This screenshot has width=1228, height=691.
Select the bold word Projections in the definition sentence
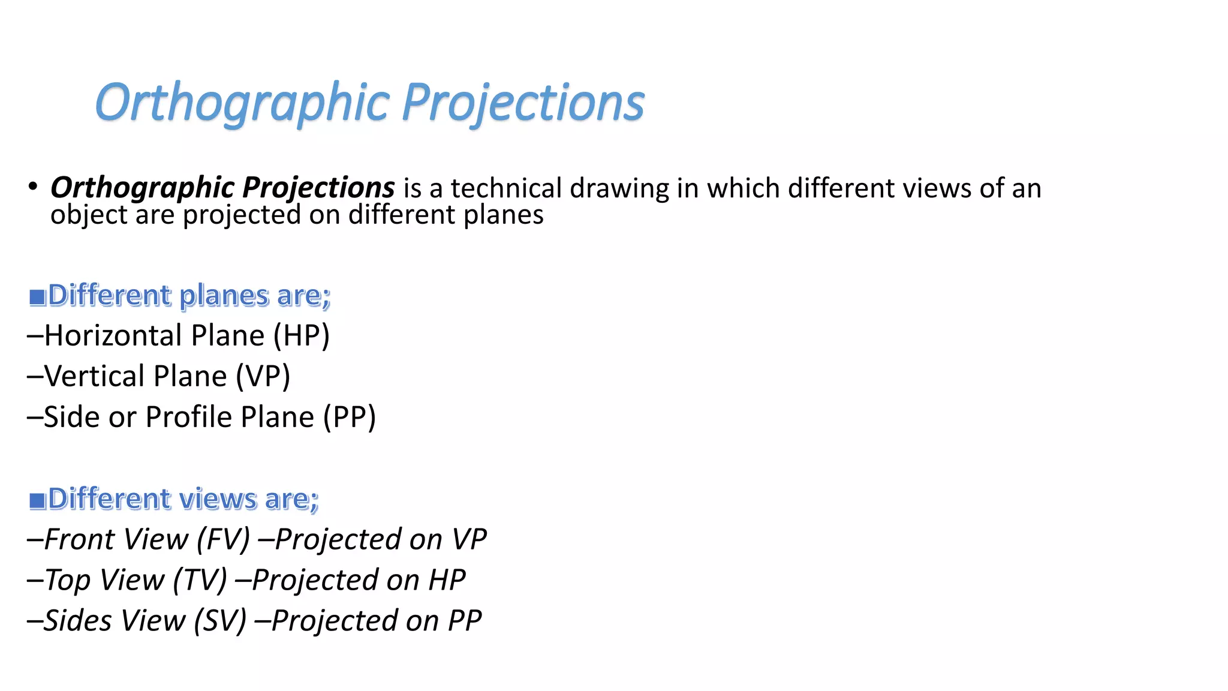click(318, 188)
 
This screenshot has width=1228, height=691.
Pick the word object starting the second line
click(89, 215)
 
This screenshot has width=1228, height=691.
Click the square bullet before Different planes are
click(38, 297)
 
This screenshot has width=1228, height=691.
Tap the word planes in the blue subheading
click(224, 296)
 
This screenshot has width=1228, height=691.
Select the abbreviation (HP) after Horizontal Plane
click(301, 335)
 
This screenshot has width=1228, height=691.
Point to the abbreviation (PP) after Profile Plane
click(349, 417)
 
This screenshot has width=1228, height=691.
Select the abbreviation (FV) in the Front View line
click(223, 539)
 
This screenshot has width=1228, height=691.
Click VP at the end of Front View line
click(469, 539)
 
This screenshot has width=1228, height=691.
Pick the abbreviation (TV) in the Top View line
click(200, 580)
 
